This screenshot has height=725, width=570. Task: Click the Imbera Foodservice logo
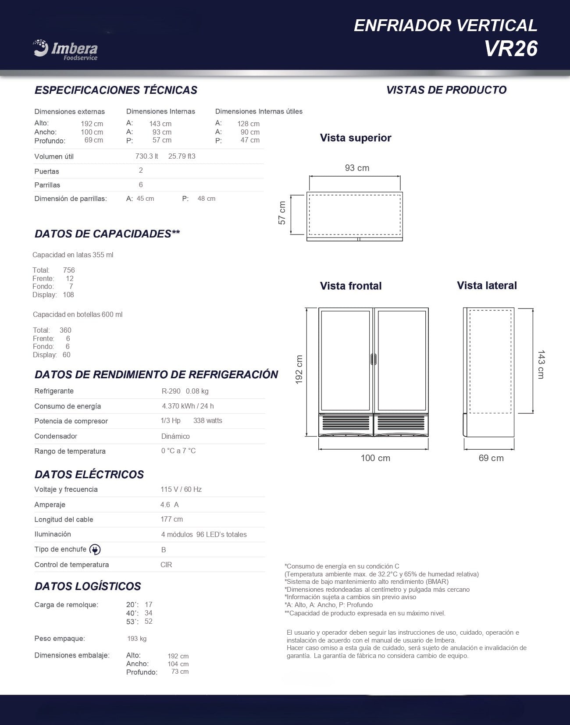point(65,49)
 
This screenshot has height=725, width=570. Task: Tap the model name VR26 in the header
point(511,49)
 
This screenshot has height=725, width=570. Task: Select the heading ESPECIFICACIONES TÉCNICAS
point(116,90)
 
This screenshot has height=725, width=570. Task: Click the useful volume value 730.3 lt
point(146,156)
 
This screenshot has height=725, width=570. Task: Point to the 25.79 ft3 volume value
point(182,156)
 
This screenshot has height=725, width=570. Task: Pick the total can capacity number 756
point(69,270)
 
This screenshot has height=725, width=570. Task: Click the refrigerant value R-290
point(171,391)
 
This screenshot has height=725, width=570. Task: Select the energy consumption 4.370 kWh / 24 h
point(188,406)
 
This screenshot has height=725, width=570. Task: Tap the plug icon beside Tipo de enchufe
point(95,550)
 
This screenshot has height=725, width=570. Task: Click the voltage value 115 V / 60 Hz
point(181,490)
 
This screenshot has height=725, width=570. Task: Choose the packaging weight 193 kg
point(137,639)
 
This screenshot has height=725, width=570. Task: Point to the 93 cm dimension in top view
point(357,168)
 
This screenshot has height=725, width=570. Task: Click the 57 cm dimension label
point(282,213)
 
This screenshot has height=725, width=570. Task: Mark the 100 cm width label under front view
point(375,458)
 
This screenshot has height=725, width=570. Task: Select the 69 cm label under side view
point(491,458)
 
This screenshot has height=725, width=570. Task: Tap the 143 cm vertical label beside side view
point(541,364)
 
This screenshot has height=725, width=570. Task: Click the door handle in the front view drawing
point(374,359)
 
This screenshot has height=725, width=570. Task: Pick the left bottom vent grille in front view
point(346,423)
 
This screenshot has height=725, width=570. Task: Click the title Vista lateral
point(487,286)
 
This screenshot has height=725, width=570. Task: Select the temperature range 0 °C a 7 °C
point(178,451)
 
